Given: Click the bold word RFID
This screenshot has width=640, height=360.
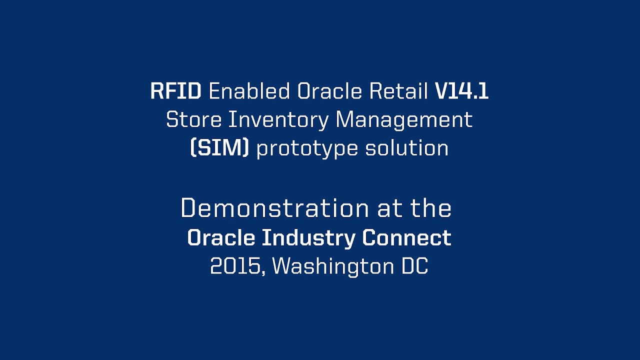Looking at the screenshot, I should coord(176,91).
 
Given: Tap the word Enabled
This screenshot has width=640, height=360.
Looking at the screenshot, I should coord(249,91).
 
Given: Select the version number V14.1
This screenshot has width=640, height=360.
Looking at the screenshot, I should coord(461,91).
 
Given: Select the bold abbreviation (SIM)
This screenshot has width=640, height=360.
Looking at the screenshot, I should coord(219,148).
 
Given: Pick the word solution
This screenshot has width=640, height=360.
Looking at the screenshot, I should coord(407,148).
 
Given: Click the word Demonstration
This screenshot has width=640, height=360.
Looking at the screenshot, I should coord(274,208).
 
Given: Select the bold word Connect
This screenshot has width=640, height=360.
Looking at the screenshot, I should coord(407,238).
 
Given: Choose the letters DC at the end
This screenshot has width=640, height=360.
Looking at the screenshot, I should coord(415,266).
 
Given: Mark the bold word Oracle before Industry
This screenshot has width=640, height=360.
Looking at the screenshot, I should coord(221,238).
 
